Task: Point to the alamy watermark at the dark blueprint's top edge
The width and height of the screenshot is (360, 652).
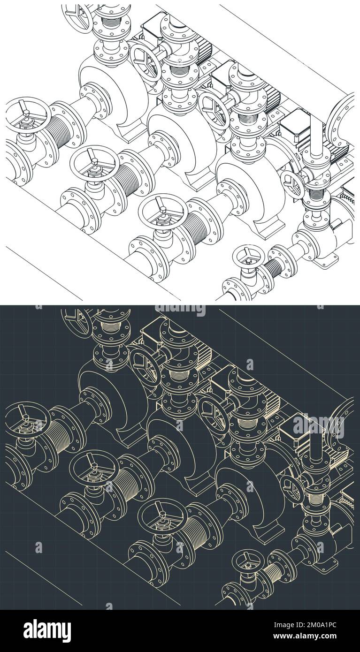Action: pyautogui.click(x=180, y=310)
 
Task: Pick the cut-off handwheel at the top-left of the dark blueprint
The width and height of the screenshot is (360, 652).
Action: pyautogui.click(x=78, y=319)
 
